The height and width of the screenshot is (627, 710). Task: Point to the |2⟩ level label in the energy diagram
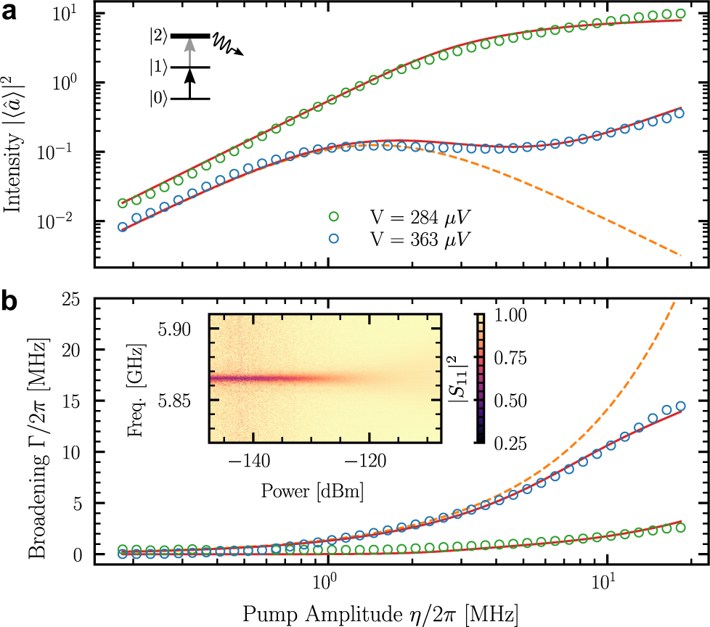(x=158, y=36)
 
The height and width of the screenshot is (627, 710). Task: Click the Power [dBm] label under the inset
(x=312, y=491)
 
